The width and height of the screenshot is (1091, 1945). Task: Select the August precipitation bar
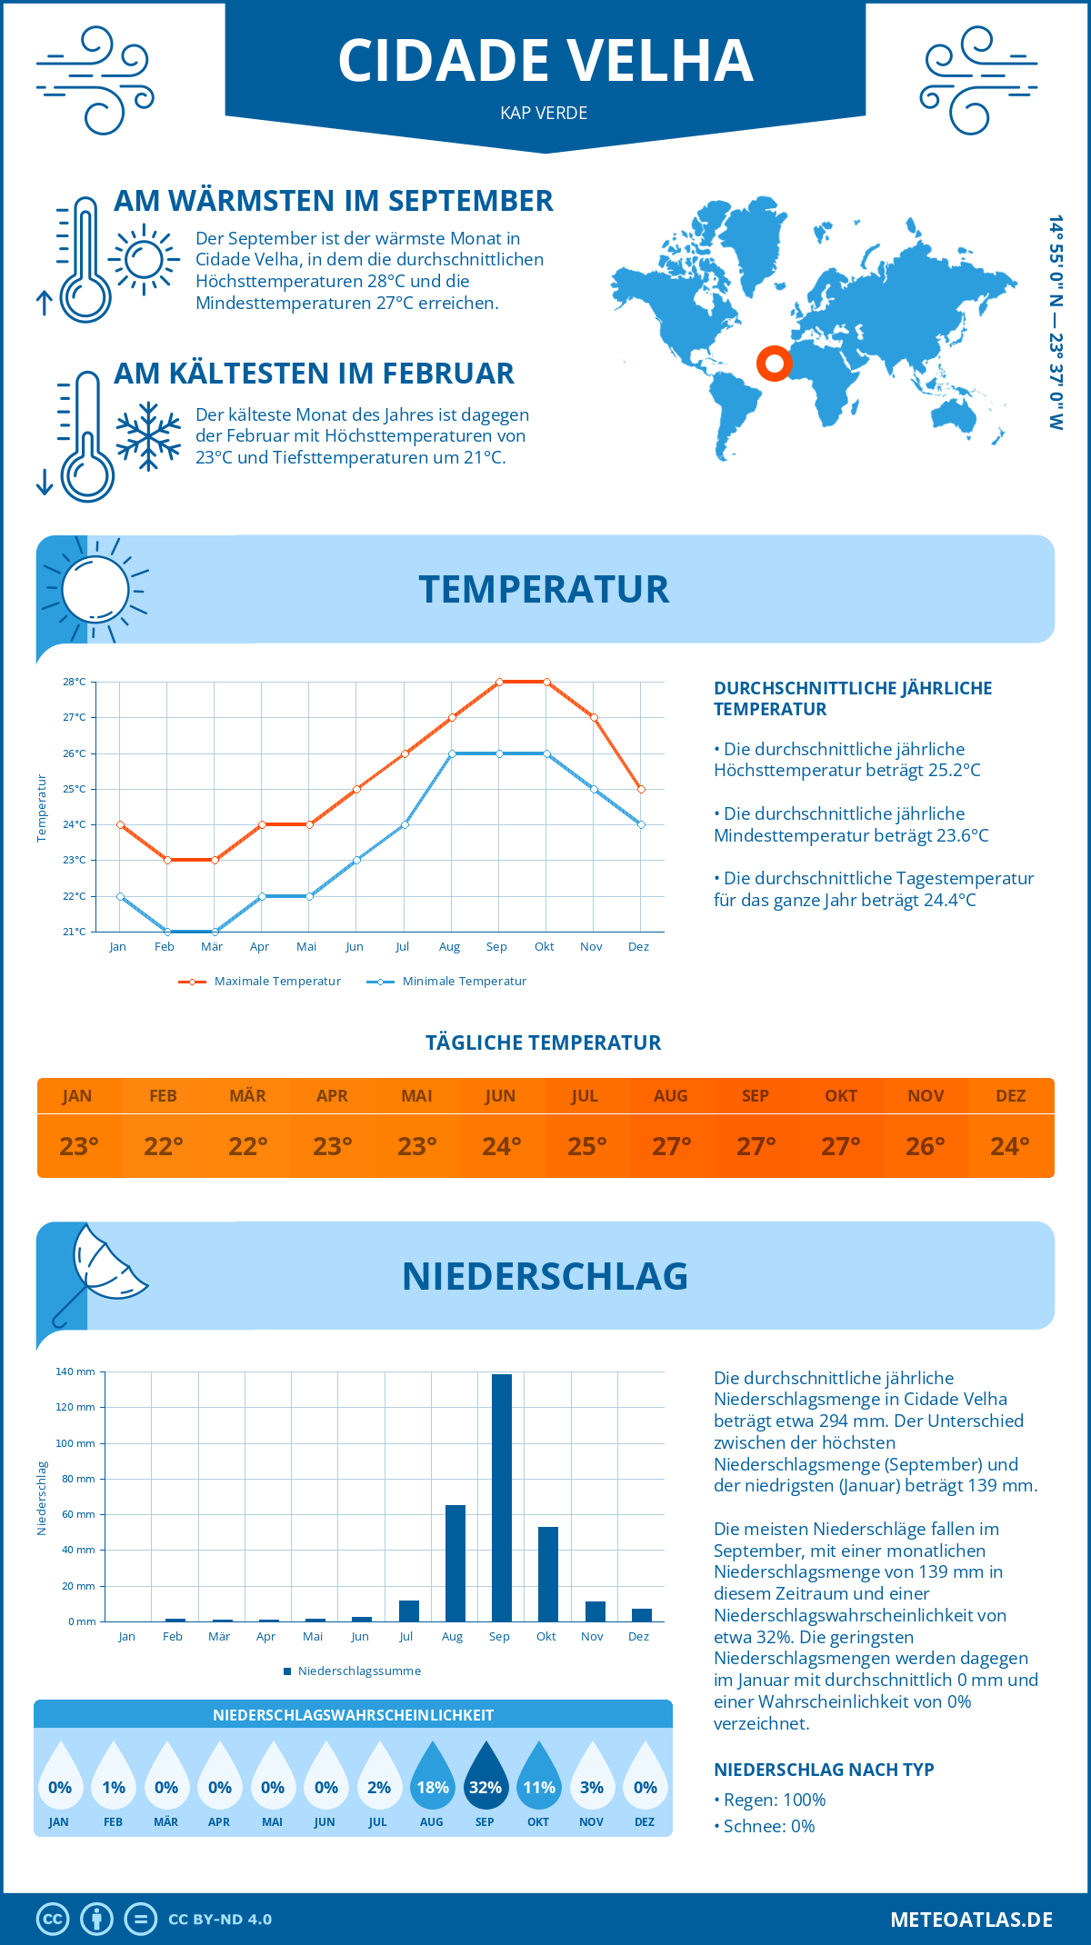455,1563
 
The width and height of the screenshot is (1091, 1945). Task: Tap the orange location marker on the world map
774,364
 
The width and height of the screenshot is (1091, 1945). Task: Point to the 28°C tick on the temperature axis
75,682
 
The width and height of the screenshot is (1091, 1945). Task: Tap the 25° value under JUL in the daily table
586,1146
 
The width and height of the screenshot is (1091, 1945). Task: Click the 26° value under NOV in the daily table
925,1146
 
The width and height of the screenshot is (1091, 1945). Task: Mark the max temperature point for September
499,682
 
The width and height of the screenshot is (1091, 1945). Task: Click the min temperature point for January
120,896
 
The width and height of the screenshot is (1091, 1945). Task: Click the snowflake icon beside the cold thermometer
148,436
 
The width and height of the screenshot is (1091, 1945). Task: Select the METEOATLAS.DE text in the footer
971,1920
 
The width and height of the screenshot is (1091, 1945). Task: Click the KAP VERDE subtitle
544,113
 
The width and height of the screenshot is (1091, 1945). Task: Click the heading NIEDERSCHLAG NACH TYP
824,1770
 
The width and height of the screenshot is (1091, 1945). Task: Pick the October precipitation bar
547,1574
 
